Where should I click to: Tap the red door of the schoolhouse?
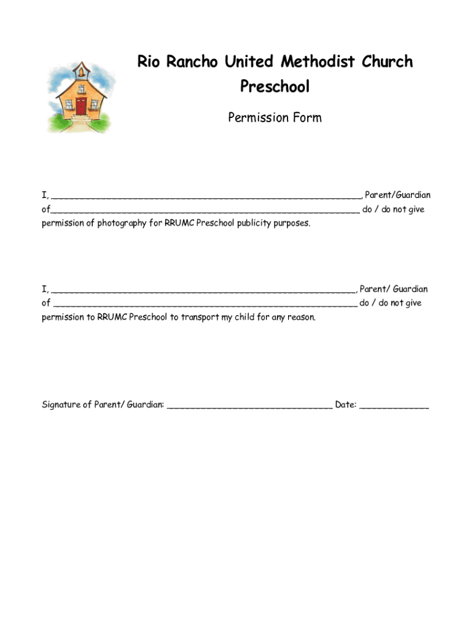coord(81,106)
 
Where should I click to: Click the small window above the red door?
coord(81,88)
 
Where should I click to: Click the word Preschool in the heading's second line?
coord(275,87)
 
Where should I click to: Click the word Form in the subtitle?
coord(307,117)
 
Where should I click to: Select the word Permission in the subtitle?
coord(259,117)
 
